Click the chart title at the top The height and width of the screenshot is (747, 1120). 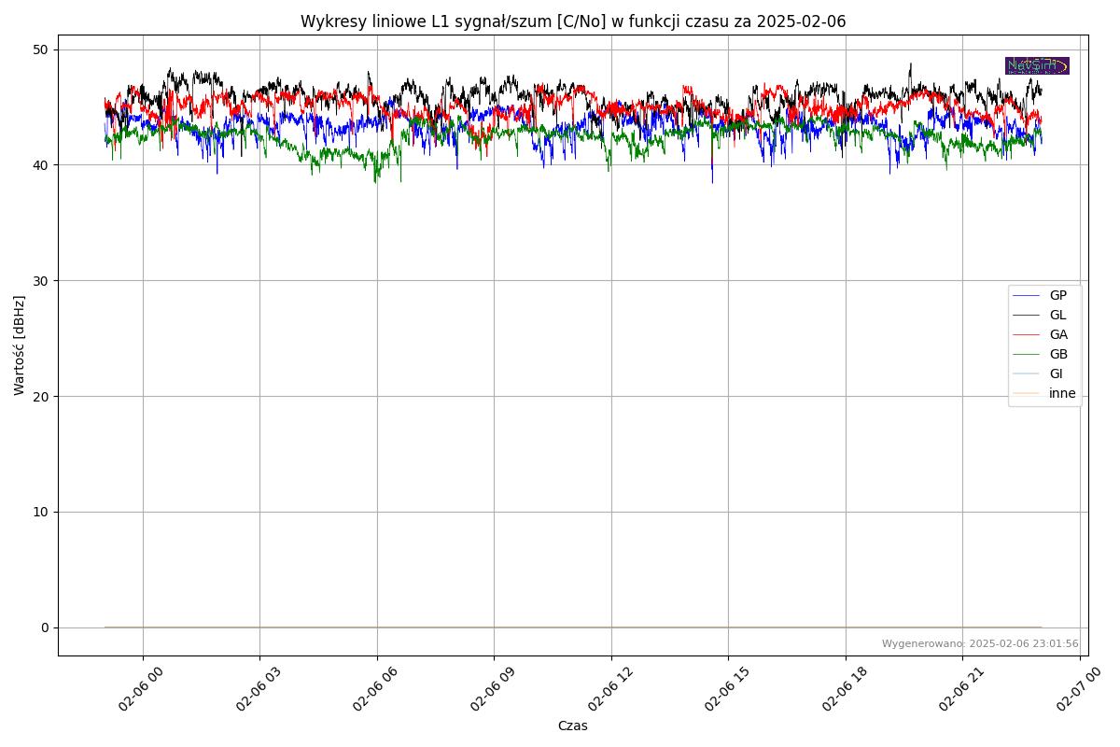click(573, 21)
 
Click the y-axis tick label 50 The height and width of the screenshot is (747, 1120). click(41, 49)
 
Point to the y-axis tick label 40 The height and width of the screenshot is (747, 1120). click(41, 165)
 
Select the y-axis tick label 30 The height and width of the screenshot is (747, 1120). click(41, 281)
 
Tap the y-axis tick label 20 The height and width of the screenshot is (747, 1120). click(41, 397)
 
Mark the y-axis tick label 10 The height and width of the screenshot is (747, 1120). click(41, 512)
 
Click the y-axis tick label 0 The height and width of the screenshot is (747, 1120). click(45, 627)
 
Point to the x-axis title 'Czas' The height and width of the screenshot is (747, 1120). click(572, 726)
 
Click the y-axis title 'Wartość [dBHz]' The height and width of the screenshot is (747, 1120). click(20, 345)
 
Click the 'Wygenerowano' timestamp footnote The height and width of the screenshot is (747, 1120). click(980, 643)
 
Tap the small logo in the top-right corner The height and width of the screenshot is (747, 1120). click(1037, 65)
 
